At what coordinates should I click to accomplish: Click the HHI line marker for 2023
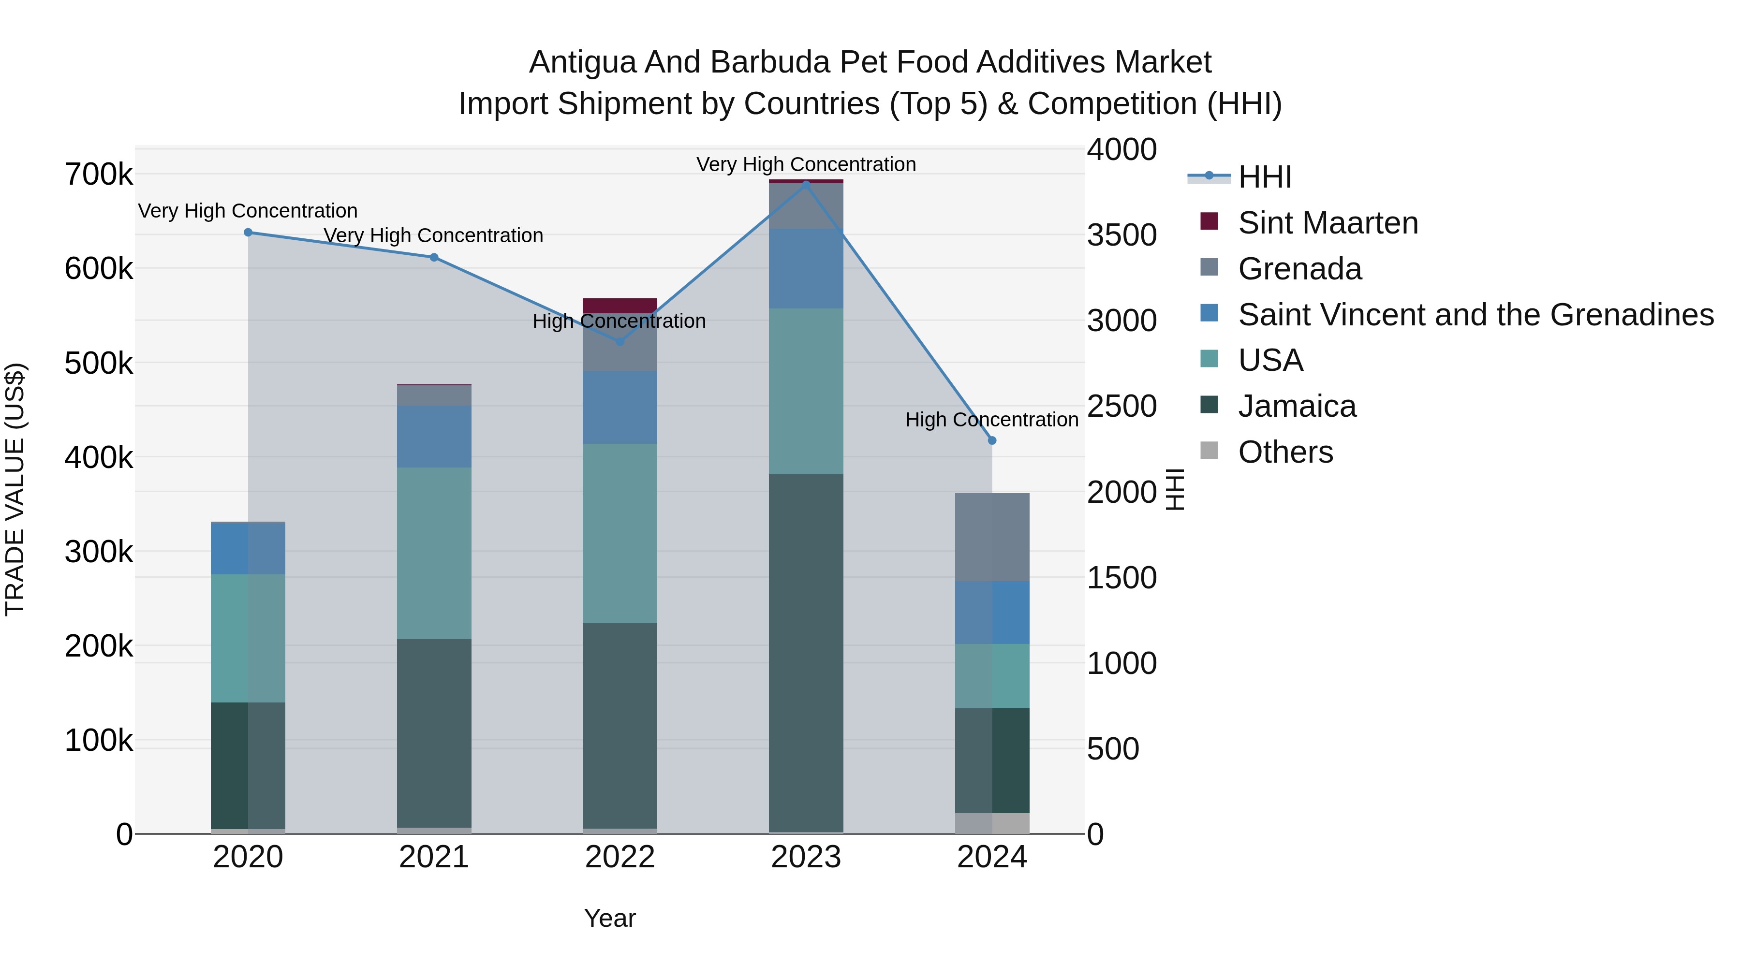click(806, 184)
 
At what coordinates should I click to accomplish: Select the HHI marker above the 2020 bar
click(248, 233)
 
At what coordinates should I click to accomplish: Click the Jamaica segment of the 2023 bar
click(806, 652)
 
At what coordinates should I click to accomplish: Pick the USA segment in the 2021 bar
click(434, 553)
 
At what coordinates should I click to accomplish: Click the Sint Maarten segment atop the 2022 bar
click(620, 304)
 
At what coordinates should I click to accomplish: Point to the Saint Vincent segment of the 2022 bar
click(620, 407)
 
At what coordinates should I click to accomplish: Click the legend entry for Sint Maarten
click(1328, 223)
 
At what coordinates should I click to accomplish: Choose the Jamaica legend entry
click(1296, 406)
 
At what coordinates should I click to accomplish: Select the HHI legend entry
click(1265, 177)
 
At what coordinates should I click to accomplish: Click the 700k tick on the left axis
click(99, 175)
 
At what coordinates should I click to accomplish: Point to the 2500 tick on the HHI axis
click(1122, 406)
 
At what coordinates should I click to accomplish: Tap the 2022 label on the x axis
click(620, 857)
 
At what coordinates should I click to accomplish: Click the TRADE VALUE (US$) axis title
click(15, 489)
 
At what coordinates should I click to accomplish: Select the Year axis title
click(610, 918)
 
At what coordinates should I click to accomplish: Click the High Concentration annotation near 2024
click(991, 420)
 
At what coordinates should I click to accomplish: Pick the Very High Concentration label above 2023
click(806, 164)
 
